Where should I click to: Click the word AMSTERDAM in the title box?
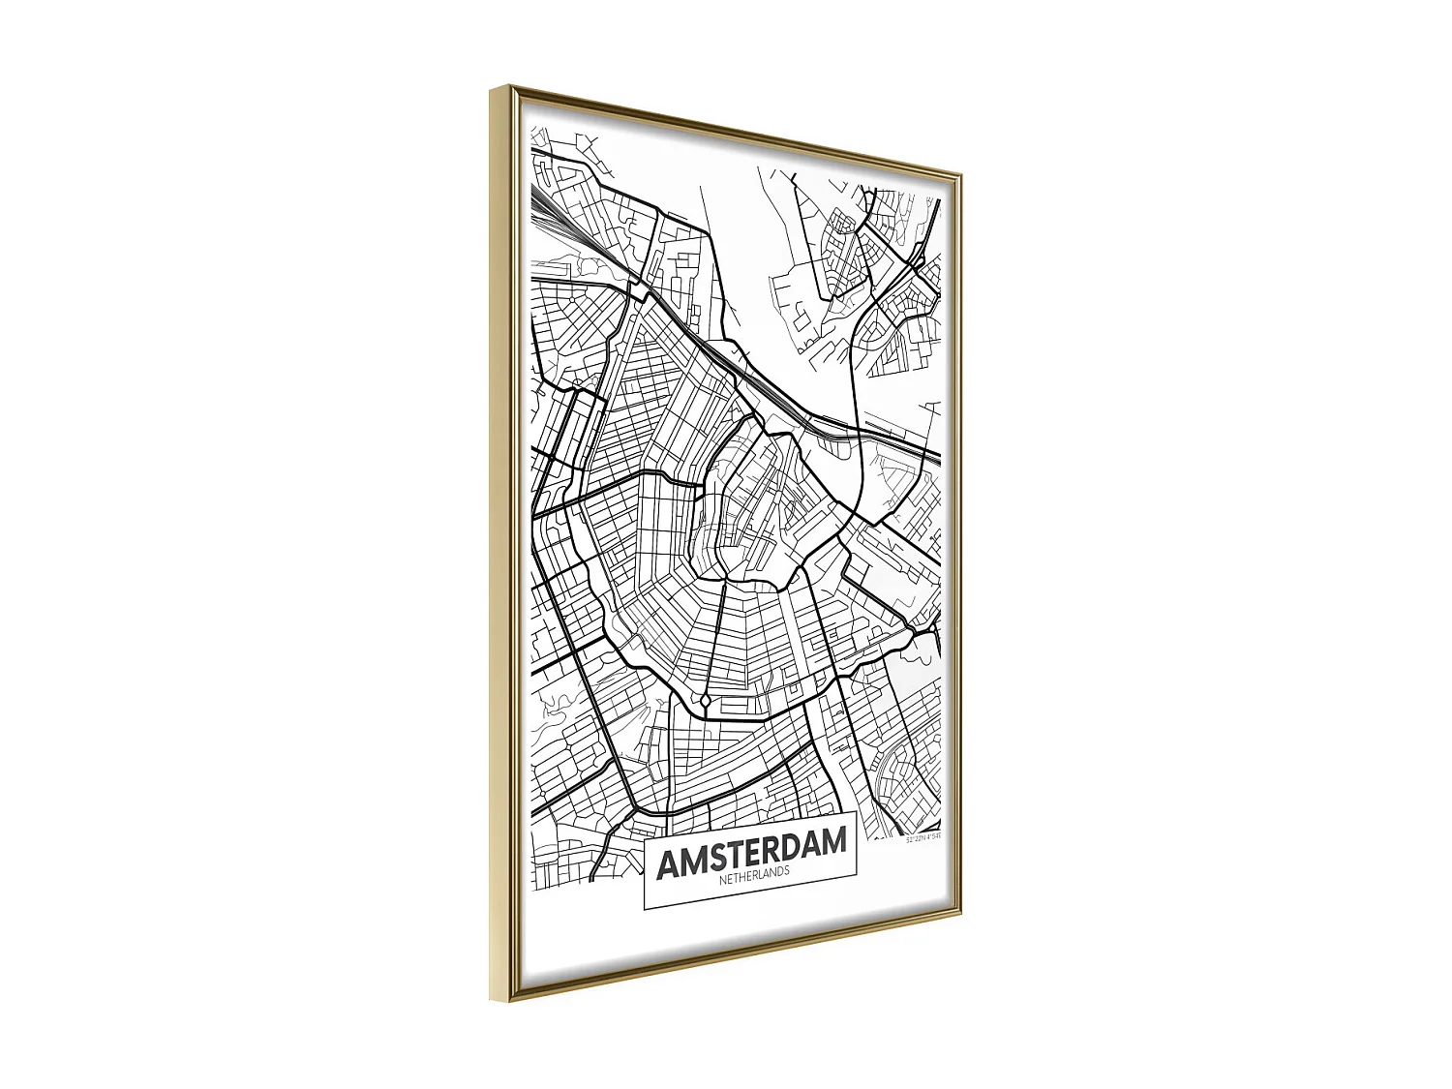[751, 852]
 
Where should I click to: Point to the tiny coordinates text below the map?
[923, 837]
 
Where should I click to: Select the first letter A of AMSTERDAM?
[670, 863]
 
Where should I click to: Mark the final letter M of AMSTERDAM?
[834, 842]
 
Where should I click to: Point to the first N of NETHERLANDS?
[723, 880]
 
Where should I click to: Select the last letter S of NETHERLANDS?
[786, 870]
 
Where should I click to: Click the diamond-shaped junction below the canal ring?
[707, 700]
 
